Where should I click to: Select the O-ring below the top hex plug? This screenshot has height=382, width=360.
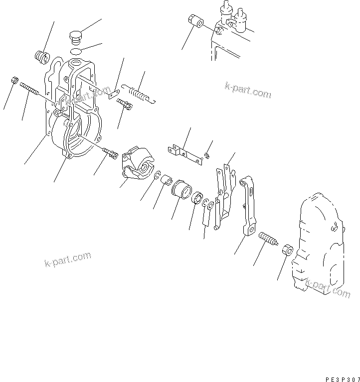[75, 51]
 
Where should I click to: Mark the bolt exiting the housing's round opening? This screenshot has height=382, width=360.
[110, 153]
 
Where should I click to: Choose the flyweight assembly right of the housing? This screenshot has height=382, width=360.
[138, 162]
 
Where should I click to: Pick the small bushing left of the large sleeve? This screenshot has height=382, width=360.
[166, 179]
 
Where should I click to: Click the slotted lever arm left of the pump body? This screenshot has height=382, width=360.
[249, 204]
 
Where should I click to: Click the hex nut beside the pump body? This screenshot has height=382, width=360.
[286, 249]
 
